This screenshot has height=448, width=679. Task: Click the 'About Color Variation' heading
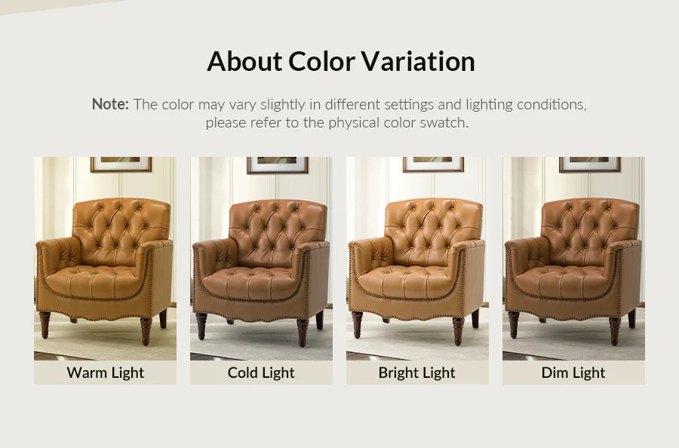340,61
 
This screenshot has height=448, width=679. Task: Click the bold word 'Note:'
110,104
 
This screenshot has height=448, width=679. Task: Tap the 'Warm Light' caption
105,373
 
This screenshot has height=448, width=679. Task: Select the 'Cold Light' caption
261,373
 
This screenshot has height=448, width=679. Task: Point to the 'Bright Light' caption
417,373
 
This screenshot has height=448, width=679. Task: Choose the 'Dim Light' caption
573,373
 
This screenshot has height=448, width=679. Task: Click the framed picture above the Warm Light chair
121,164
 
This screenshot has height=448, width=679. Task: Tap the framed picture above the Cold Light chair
277,164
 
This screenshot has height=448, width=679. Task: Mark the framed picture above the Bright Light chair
433,164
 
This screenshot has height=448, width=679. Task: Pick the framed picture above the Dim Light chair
589,164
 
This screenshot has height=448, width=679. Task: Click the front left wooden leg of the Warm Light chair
45,324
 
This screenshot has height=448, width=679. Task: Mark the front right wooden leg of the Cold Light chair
303,330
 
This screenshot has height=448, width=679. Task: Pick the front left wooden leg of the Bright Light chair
357,324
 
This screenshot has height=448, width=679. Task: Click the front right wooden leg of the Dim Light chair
615,330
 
